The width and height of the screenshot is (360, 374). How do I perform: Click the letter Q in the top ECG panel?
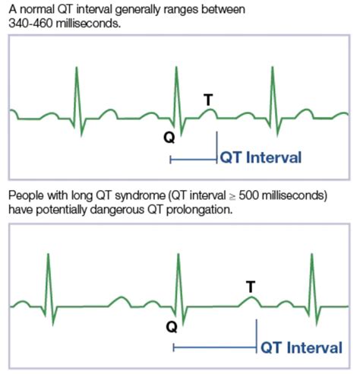[x=169, y=138]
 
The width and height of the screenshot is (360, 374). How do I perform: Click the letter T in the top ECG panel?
[x=208, y=100]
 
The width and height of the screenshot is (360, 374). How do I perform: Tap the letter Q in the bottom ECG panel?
[x=172, y=327]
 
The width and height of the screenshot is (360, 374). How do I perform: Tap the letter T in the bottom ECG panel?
[x=251, y=287]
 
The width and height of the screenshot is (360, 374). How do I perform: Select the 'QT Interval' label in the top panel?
[x=261, y=157]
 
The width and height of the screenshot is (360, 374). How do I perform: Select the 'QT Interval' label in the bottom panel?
[x=302, y=347]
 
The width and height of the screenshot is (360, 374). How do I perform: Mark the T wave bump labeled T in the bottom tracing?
[x=251, y=301]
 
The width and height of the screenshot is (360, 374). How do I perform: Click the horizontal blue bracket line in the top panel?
[x=194, y=160]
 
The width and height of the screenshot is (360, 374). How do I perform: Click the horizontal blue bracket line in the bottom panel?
[x=215, y=347]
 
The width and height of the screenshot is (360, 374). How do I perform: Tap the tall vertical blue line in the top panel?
[x=216, y=147]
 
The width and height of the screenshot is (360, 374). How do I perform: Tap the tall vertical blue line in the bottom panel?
[x=257, y=336]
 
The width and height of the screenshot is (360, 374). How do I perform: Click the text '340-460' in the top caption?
[x=31, y=24]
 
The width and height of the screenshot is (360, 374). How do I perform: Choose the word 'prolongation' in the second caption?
[x=199, y=210]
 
